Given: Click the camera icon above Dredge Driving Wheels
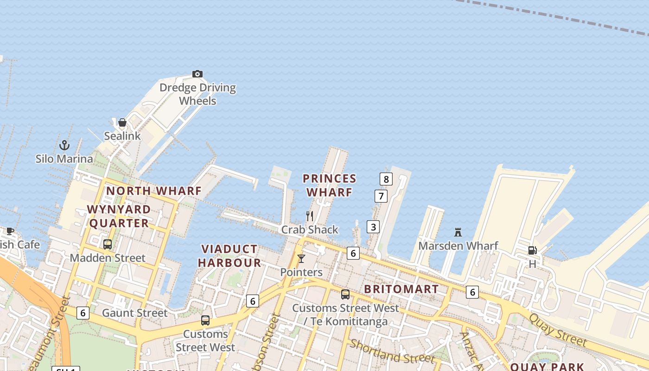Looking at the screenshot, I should [x=197, y=74].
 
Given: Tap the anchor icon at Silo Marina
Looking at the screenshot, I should [x=64, y=145].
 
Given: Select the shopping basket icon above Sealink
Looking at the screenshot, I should [x=122, y=122].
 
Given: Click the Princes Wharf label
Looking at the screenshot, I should [x=329, y=185].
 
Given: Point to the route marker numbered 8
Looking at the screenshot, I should [x=386, y=179].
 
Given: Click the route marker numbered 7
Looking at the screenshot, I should [x=381, y=196].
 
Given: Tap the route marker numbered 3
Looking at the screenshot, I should [x=373, y=227].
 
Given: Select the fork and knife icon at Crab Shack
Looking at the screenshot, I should [x=310, y=216].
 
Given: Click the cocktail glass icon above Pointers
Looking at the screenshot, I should [x=301, y=259].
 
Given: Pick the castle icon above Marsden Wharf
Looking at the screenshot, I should [x=458, y=232].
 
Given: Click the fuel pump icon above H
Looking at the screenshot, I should [x=532, y=250].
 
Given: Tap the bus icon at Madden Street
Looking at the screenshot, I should [x=108, y=244].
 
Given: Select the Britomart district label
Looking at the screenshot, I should [x=401, y=289].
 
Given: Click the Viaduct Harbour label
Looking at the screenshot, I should [x=229, y=256].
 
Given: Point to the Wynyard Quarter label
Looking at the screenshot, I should [x=119, y=216].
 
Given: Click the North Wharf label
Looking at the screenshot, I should [x=154, y=191].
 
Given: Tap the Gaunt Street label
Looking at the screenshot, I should [x=134, y=313].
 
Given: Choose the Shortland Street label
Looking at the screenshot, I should [x=392, y=352].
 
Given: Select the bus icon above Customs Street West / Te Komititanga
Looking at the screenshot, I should [x=345, y=294].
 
